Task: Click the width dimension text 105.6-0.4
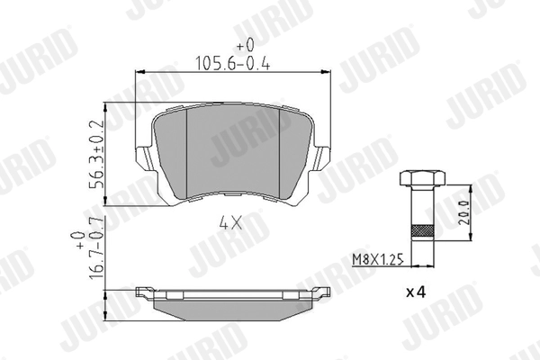pos(233,62)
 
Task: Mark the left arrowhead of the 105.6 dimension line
pos(139,74)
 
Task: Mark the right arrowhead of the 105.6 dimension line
pos(327,74)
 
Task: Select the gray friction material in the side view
pos(232,305)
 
